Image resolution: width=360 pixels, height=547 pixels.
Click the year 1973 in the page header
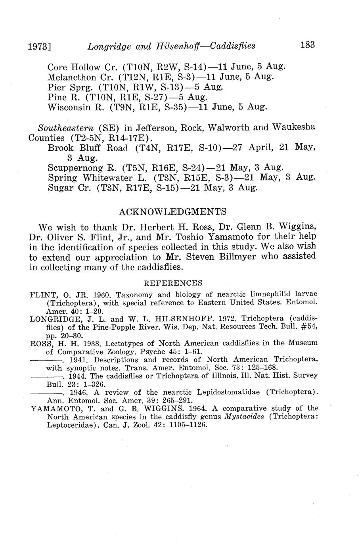point(40,47)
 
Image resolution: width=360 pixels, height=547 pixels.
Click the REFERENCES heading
point(172,283)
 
